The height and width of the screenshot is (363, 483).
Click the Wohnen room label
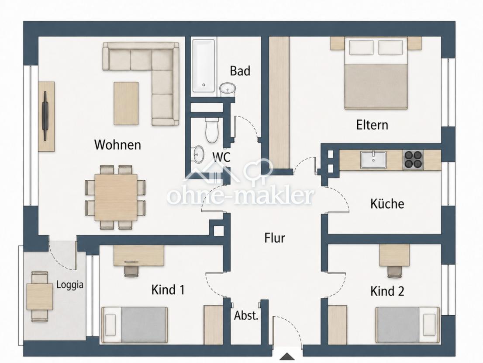pyautogui.click(x=117, y=145)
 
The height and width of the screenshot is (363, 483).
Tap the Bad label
pyautogui.click(x=240, y=71)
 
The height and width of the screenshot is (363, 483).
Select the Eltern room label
pyautogui.click(x=372, y=125)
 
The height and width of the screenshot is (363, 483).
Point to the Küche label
pyautogui.click(x=387, y=203)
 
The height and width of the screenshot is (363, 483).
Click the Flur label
pyautogui.click(x=274, y=238)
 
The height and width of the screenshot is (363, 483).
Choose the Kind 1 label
pyautogui.click(x=168, y=290)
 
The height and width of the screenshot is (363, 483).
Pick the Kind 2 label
pyautogui.click(x=387, y=291)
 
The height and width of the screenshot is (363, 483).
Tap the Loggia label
pyautogui.click(x=70, y=285)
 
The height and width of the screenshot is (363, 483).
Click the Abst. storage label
pyautogui.click(x=246, y=315)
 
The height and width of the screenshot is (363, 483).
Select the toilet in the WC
pyautogui.click(x=212, y=130)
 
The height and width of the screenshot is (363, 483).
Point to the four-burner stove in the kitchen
pyautogui.click(x=413, y=160)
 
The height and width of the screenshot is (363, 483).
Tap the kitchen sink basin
pyautogui.click(x=373, y=160)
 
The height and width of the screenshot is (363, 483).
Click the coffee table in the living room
pyautogui.click(x=126, y=103)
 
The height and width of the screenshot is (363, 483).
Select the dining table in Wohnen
pyautogui.click(x=116, y=197)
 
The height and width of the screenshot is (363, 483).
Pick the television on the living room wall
pyautogui.click(x=45, y=116)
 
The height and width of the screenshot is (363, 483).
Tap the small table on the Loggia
pyautogui.click(x=40, y=297)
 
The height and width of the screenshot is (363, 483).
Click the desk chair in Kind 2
pyautogui.click(x=394, y=272)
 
